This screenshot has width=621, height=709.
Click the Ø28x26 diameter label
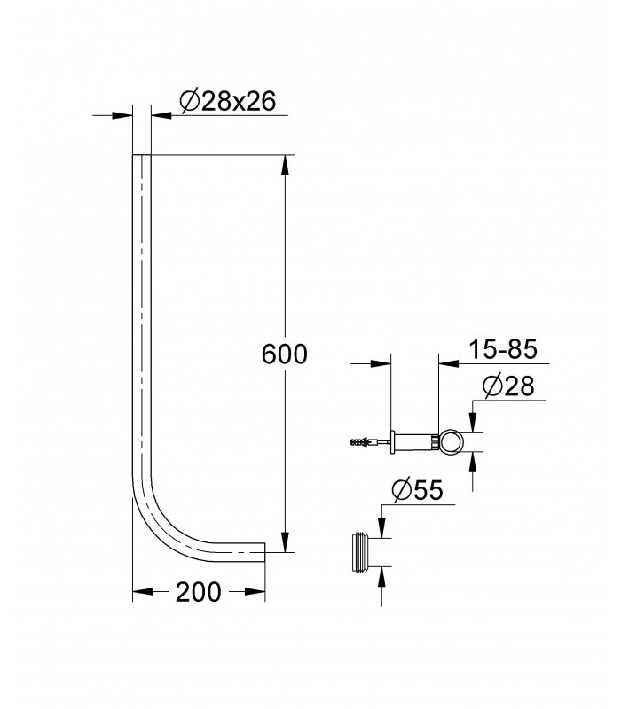point(228,101)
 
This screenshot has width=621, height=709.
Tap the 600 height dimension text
point(284,354)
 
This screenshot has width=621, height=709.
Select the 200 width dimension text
point(198,591)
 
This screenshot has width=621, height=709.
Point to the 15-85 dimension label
point(502,349)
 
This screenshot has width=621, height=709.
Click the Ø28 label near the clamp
point(508,386)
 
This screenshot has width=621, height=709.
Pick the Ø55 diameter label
point(418,490)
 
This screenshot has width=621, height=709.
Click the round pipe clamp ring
point(451,440)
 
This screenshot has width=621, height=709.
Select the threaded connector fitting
point(361,552)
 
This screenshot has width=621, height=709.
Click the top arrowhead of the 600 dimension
point(284,165)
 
